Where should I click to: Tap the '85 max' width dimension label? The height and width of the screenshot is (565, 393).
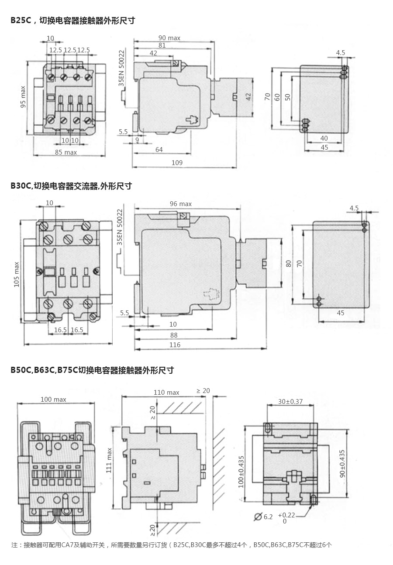pos(65,152)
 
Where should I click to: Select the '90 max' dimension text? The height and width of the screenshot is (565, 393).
pos(169,38)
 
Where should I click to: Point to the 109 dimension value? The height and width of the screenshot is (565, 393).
pos(177,162)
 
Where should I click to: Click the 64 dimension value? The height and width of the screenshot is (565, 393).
pos(159,150)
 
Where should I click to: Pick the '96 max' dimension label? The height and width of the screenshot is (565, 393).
pos(180,204)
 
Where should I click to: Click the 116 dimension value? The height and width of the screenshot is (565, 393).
pos(175,345)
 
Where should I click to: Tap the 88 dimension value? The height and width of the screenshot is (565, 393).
pos(174,335)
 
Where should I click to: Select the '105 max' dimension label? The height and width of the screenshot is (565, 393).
pos(17,274)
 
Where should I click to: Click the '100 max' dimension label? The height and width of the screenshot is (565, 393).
pos(53,400)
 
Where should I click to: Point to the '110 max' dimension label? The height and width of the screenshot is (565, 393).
pos(166,393)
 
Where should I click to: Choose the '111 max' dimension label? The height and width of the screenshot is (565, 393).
pos(109,460)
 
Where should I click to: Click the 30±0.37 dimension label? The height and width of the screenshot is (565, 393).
pos(290,402)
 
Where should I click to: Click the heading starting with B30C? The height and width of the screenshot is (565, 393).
pos(71,186)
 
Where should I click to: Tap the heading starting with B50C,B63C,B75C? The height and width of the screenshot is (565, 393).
pos(92,370)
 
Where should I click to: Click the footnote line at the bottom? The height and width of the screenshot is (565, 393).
pos(172,545)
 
